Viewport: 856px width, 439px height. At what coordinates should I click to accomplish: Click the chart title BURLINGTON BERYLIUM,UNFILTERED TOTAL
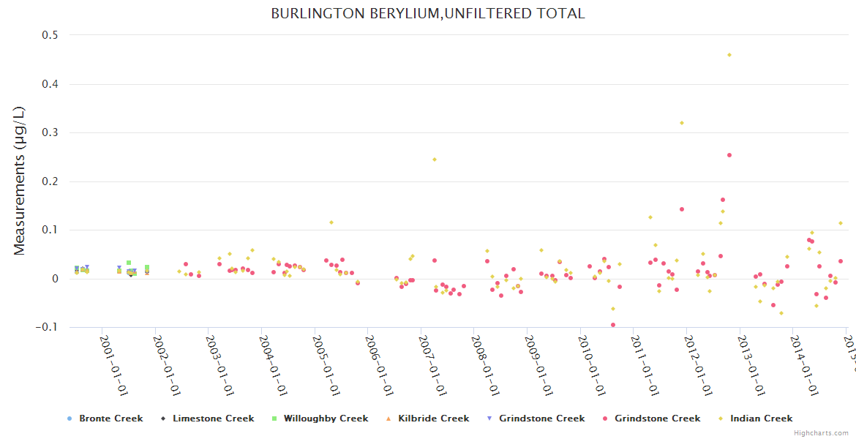coord(428,13)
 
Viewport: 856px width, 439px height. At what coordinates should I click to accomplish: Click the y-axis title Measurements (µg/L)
coord(20,181)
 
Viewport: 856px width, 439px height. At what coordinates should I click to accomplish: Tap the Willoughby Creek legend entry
coord(326,419)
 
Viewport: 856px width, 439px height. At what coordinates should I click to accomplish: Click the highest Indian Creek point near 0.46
coord(729,55)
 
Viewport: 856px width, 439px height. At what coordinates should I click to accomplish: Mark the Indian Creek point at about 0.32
coord(682,123)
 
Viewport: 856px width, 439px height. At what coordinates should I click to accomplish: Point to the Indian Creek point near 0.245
coord(434,160)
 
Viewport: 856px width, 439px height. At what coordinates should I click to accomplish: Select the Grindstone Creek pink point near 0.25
coord(729,155)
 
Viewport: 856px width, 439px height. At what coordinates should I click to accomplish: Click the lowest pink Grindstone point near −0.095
coord(613,325)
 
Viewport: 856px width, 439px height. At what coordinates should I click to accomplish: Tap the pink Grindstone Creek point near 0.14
coord(682,209)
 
